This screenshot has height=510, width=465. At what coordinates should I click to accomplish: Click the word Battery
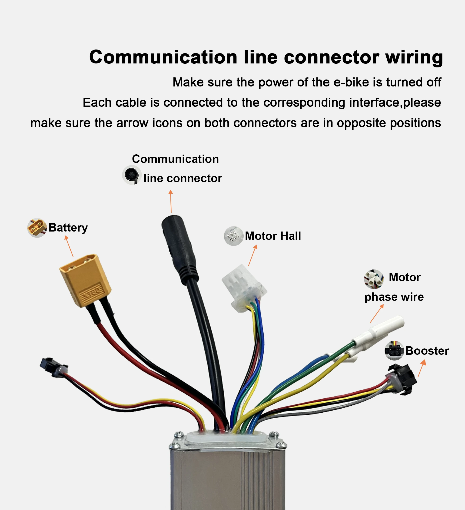(68, 228)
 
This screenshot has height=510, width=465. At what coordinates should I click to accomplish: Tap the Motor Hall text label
(273, 236)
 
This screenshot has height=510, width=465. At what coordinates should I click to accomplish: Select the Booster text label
(427, 351)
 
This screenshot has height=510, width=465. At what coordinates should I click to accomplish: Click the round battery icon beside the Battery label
(37, 228)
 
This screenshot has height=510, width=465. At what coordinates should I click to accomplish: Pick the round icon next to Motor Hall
(233, 236)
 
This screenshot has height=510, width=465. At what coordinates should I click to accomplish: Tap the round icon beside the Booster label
(394, 350)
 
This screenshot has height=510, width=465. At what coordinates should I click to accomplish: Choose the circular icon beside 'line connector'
(132, 175)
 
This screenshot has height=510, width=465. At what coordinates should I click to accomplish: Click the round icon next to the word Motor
(374, 279)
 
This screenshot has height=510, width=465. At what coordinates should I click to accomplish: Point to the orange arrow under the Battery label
(69, 246)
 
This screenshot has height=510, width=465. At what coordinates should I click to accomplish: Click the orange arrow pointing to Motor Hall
(252, 255)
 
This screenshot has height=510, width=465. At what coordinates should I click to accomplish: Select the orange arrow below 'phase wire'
(377, 313)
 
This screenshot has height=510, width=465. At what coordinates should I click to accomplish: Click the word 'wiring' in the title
(414, 57)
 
